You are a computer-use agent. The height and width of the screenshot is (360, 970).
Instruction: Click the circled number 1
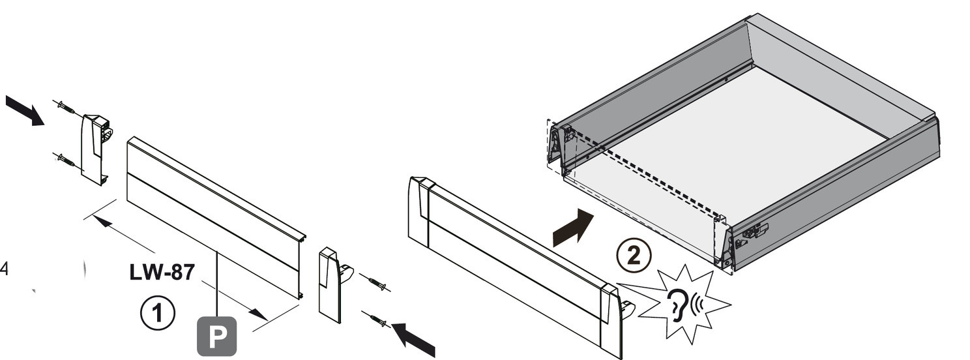[x=158, y=312]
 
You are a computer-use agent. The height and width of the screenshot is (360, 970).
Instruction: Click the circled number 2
[x=634, y=256]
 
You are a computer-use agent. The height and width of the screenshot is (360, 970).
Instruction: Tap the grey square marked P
[x=217, y=337]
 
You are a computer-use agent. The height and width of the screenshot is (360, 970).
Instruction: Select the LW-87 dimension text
[x=162, y=273]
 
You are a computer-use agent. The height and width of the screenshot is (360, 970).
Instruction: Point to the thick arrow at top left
[x=25, y=110]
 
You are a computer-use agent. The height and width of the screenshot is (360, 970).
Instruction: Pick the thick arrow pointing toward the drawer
[x=573, y=228]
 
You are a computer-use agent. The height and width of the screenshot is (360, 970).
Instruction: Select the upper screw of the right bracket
[x=376, y=283]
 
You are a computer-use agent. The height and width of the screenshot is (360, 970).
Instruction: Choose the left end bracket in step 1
[x=96, y=149]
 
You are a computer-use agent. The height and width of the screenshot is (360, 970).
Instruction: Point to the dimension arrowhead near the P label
[x=260, y=314]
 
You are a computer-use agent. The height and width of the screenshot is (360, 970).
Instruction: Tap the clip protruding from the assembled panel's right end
[x=628, y=309]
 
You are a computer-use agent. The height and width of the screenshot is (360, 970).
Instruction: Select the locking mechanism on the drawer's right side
[x=754, y=233]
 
